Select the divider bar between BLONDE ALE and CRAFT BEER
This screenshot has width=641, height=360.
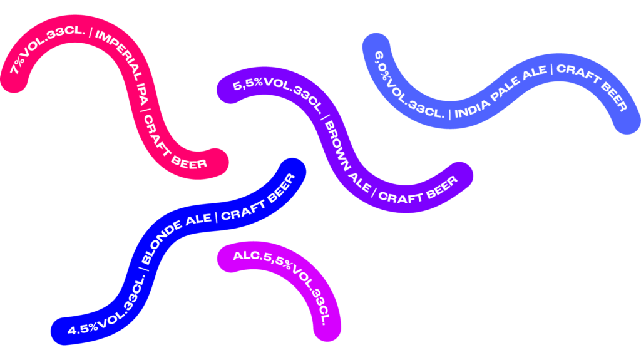click(x=216, y=217)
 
